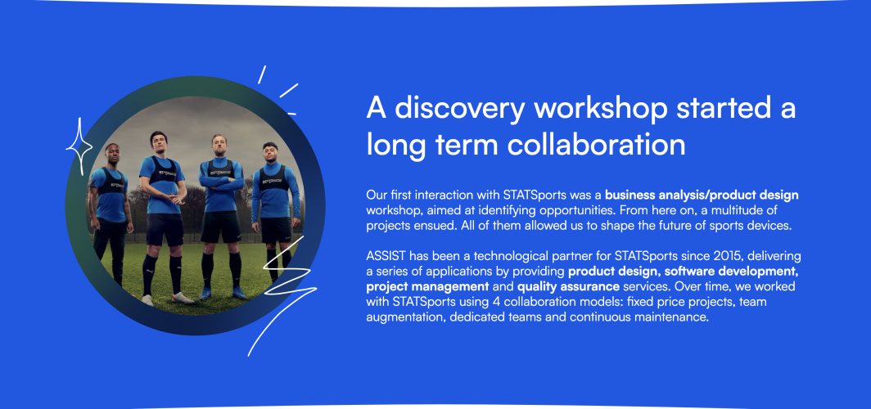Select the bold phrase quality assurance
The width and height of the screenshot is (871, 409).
[568, 287]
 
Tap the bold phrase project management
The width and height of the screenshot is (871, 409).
[427, 287]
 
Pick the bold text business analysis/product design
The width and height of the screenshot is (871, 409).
[702, 196]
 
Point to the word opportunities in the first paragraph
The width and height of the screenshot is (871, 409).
[571, 211]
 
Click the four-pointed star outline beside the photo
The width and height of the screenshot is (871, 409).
[79, 146]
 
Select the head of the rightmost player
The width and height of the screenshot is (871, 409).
[270, 152]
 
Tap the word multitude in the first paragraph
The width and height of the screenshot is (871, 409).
[720, 211]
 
